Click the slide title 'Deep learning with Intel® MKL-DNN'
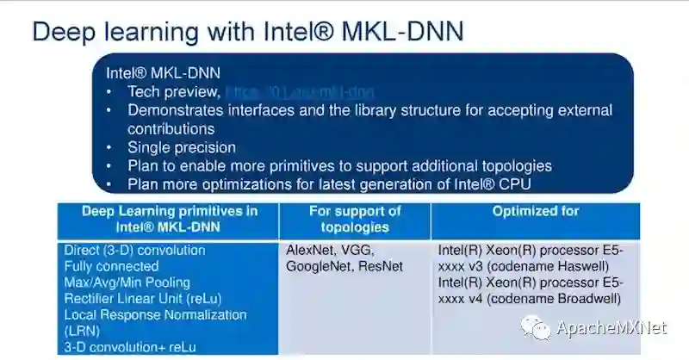(247, 32)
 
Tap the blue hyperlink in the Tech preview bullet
(299, 91)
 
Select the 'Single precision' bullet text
(182, 147)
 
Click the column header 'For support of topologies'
(355, 219)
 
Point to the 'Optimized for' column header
(535, 211)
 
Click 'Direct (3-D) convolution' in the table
(135, 251)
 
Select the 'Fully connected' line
(111, 267)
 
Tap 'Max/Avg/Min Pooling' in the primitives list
(127, 282)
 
